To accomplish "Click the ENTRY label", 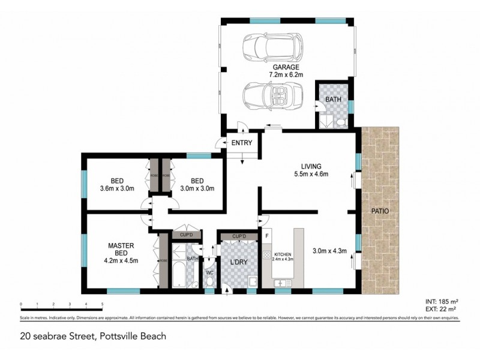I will (242, 143).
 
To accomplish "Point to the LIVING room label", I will (311, 166).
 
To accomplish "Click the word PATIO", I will (379, 211).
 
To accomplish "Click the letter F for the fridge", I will (266, 236).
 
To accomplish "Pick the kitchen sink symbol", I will (282, 282).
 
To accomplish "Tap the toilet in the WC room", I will (209, 284).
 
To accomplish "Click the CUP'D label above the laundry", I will (232, 236).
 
